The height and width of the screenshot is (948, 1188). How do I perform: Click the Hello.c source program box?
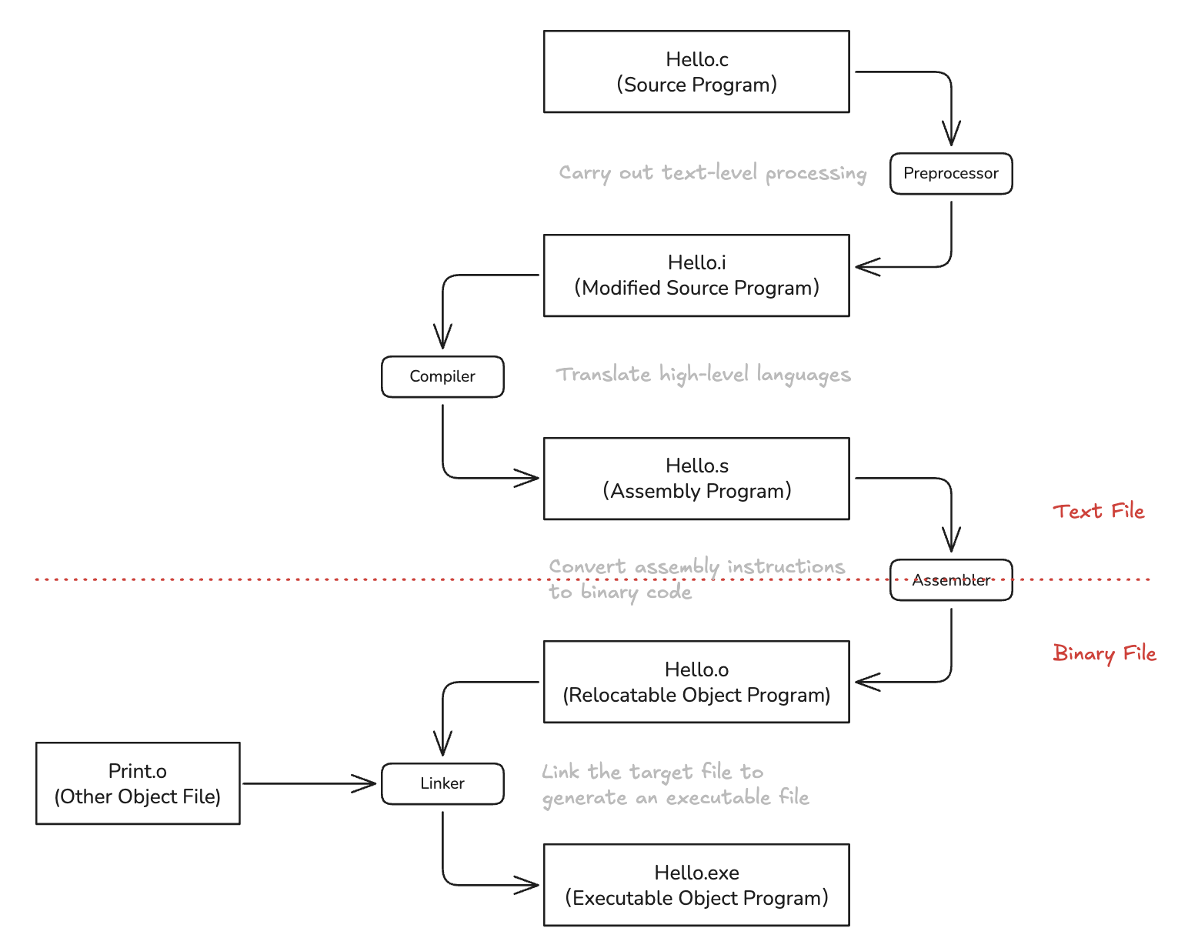[696, 72]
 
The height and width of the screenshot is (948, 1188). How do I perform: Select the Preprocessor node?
[950, 173]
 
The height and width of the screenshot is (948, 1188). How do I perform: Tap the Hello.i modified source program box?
[696, 275]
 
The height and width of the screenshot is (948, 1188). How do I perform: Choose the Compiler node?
[442, 376]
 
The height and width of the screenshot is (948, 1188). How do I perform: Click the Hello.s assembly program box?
[696, 478]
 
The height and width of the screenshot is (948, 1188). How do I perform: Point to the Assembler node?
[950, 579]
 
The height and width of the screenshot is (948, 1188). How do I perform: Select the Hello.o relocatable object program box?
[696, 681]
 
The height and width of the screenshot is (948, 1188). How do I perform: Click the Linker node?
[442, 783]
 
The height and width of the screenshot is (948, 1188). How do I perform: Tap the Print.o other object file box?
[138, 783]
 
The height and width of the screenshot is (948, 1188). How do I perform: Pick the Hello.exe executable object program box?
[696, 884]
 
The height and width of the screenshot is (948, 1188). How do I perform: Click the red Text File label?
[1098, 511]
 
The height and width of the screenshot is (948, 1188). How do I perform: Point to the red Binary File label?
[1104, 653]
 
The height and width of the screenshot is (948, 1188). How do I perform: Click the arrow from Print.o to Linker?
[309, 783]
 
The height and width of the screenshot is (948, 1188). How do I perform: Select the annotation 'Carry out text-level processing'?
[712, 173]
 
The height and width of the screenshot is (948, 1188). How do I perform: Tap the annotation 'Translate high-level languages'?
[702, 375]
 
